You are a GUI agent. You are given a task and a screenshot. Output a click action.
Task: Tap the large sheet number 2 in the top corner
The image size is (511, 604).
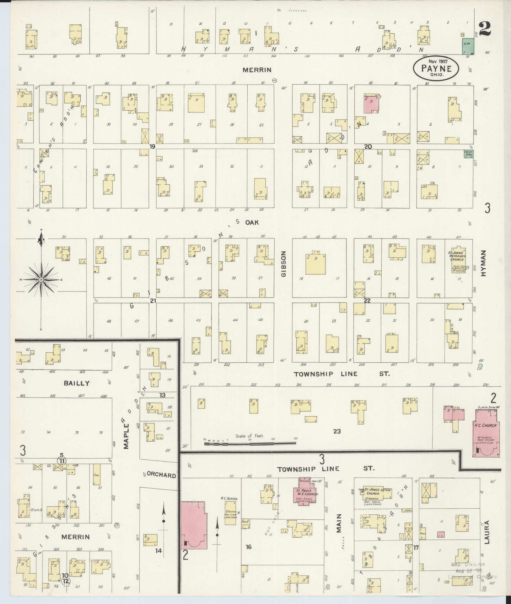pos(485,30)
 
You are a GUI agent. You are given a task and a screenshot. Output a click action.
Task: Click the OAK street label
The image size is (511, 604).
pos(252,222)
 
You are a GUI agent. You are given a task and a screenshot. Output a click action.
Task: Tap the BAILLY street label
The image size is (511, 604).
pos(77,383)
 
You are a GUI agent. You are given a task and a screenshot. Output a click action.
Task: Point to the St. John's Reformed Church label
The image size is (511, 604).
pos(457,259)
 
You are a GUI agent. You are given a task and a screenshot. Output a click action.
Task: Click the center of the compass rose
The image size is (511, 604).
pos(41,279)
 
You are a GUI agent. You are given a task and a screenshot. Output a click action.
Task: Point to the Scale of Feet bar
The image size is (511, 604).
pos(250,443)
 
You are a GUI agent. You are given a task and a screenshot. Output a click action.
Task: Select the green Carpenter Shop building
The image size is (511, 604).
pos(468,154)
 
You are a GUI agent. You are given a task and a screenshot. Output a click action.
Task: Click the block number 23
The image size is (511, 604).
pos(337,432)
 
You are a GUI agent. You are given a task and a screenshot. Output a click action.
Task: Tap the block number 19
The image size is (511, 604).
pos(153,146)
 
